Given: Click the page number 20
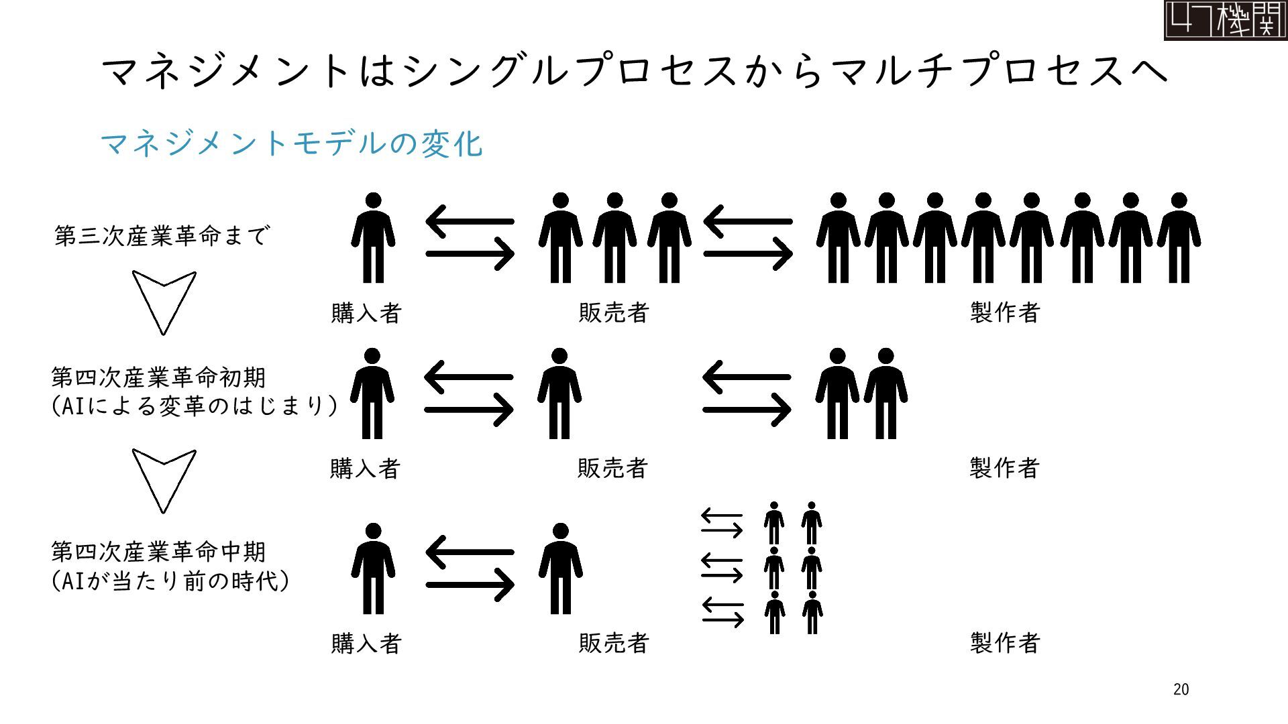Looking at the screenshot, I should click(x=1181, y=689).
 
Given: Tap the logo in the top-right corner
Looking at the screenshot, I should click(x=1225, y=20).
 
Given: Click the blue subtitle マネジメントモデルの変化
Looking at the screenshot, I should click(x=291, y=144).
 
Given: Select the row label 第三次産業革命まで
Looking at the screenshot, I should click(x=162, y=235).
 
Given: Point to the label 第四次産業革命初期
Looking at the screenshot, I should click(x=159, y=377).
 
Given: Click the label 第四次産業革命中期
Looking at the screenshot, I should click(x=159, y=552).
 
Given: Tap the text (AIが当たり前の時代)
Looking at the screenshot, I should click(x=170, y=581).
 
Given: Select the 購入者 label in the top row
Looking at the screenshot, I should click(x=366, y=313).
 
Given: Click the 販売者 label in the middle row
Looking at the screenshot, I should click(x=612, y=468).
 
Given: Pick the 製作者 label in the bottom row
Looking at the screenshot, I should click(x=1004, y=643).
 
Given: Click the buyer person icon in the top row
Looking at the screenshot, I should click(x=373, y=238).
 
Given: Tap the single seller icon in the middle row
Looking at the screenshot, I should click(x=559, y=394).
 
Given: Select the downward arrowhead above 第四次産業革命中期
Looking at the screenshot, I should click(x=164, y=479).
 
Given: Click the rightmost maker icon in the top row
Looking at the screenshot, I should click(x=1179, y=238).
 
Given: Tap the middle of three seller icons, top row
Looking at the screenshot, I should click(x=614, y=238).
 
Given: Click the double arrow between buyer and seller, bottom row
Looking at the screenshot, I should click(x=470, y=568).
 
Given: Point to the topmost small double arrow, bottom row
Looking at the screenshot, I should click(x=722, y=523).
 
